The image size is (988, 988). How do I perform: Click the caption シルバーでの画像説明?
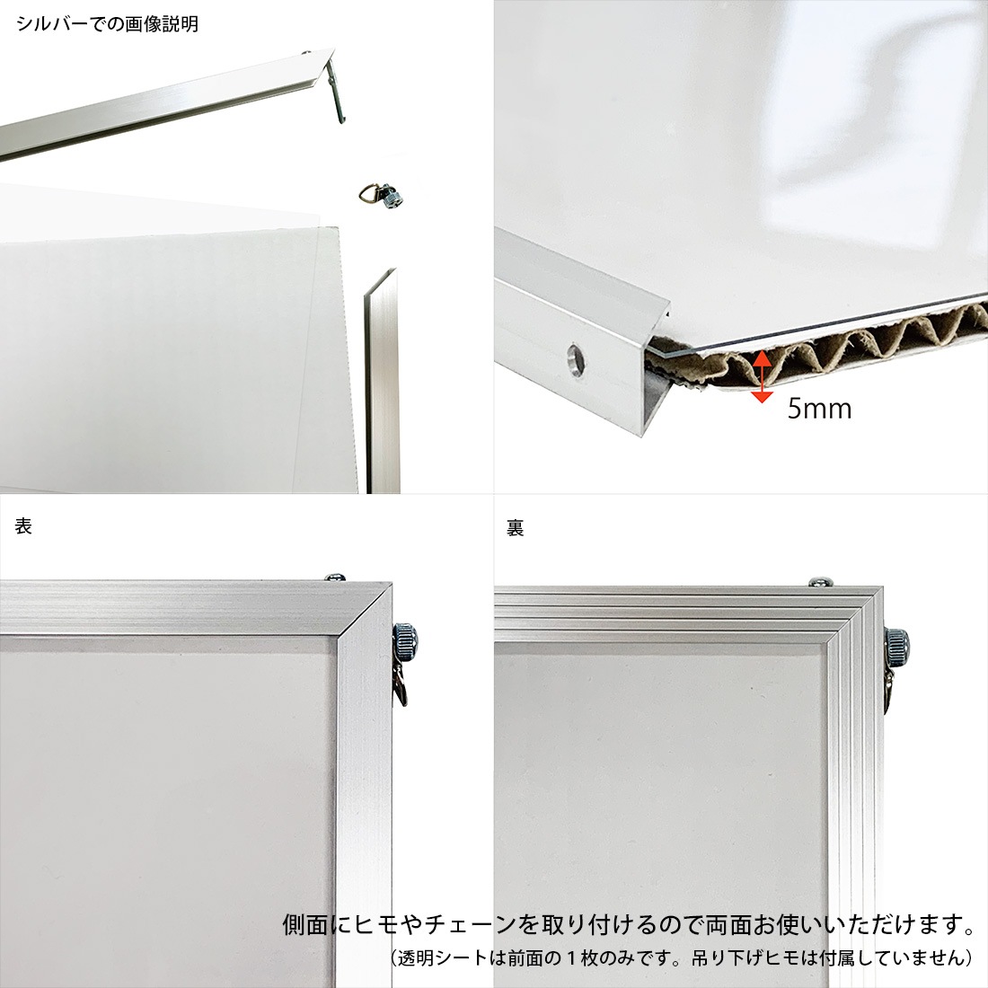(x=108, y=24)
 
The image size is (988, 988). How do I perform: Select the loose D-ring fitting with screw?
(x=381, y=194)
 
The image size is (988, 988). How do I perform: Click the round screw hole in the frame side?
(x=577, y=359)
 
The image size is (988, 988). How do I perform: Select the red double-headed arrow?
(x=761, y=376)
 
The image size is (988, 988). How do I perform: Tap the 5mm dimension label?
(x=819, y=409)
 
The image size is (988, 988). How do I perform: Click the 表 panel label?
(x=24, y=526)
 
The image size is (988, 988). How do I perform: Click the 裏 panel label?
(x=515, y=527)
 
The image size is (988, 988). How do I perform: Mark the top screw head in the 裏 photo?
(x=819, y=583)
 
